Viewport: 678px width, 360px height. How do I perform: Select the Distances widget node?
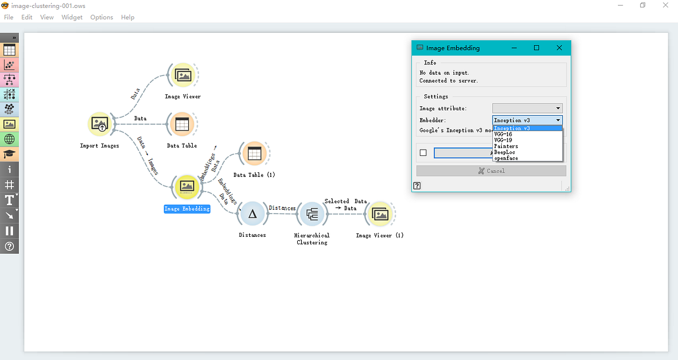(x=253, y=214)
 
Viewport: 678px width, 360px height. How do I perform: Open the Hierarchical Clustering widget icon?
(x=312, y=214)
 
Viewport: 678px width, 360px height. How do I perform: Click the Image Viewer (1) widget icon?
(x=380, y=214)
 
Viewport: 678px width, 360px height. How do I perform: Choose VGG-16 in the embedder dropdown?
(x=503, y=134)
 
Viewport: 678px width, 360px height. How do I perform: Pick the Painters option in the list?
(x=506, y=146)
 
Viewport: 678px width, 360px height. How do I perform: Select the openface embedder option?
(x=506, y=158)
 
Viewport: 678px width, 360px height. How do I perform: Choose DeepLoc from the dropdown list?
(x=505, y=152)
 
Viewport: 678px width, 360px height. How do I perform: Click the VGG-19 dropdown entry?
(x=503, y=140)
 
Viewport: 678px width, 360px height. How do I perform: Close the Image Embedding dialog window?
(x=559, y=48)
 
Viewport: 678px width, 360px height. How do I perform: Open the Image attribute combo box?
(x=527, y=108)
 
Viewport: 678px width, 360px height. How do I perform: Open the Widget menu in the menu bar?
(x=72, y=18)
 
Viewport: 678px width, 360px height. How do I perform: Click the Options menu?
(x=102, y=18)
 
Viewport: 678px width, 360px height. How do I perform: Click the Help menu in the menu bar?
(x=128, y=18)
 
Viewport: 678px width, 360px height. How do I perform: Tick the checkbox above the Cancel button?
(x=423, y=153)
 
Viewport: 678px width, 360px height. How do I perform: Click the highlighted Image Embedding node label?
(x=187, y=209)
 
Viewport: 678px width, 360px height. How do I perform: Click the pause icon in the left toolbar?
(x=10, y=231)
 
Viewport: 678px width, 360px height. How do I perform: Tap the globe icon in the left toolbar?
(x=10, y=139)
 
